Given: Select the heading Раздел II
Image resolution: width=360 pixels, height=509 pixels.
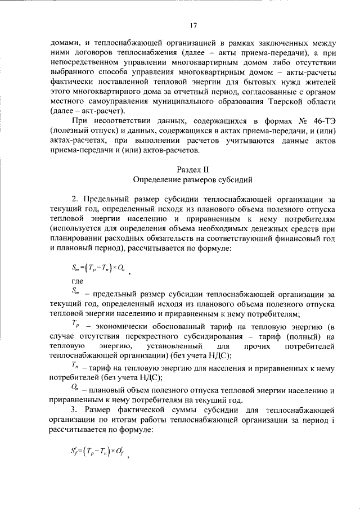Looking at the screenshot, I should pos(192,169).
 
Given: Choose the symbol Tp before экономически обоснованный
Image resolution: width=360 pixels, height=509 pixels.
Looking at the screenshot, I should pos(77,325).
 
